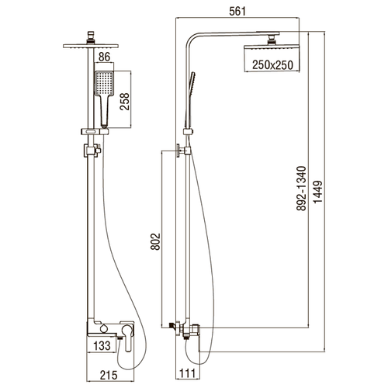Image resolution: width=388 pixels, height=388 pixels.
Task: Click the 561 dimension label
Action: (x=237, y=11)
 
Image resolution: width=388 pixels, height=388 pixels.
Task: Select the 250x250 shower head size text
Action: (x=272, y=65)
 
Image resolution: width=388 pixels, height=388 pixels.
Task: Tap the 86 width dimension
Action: (x=104, y=57)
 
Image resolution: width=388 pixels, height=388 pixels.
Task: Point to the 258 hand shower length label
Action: (x=124, y=102)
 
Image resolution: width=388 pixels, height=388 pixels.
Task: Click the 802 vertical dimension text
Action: (x=155, y=241)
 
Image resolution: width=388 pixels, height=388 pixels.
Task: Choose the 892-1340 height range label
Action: (x=301, y=189)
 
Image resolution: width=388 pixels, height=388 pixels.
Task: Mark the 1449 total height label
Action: (x=318, y=192)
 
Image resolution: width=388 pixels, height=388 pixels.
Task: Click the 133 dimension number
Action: (x=102, y=346)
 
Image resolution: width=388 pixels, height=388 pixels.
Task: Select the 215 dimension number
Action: (x=109, y=375)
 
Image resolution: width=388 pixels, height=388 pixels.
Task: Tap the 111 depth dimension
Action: (x=187, y=373)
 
